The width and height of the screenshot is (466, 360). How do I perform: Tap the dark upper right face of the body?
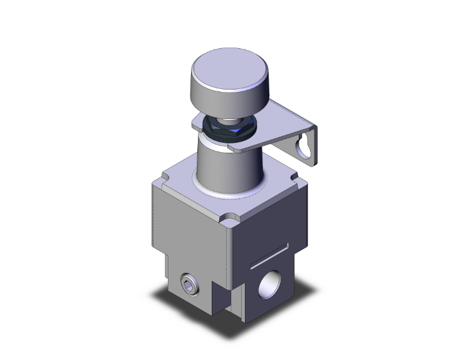269,225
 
